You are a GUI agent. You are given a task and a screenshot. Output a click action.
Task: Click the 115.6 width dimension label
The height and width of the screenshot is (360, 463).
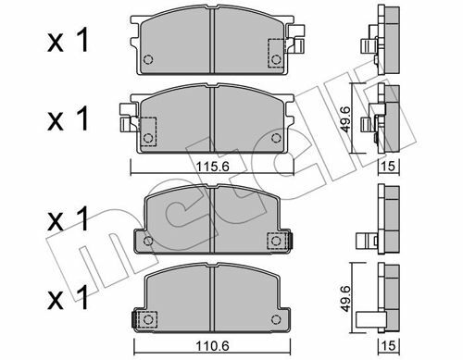point(213,167)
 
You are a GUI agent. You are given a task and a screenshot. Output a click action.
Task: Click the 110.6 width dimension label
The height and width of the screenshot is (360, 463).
point(213,346)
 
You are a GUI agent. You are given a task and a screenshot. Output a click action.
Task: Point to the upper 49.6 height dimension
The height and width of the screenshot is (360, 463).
point(345,119)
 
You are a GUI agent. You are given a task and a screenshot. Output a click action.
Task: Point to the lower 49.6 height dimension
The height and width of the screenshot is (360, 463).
point(345,298)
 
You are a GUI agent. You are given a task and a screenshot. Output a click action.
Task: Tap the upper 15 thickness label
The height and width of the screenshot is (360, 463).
point(389,167)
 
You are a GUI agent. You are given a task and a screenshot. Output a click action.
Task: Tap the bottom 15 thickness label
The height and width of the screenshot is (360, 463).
point(389,345)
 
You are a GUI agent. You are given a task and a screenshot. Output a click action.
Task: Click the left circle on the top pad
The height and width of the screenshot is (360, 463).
point(148,59)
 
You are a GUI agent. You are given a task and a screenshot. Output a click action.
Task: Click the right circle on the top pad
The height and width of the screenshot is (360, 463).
point(276,59)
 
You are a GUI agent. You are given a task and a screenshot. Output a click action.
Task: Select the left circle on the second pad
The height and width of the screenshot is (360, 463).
point(148,138)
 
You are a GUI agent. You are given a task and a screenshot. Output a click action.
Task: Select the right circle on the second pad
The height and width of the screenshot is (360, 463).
point(276,138)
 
